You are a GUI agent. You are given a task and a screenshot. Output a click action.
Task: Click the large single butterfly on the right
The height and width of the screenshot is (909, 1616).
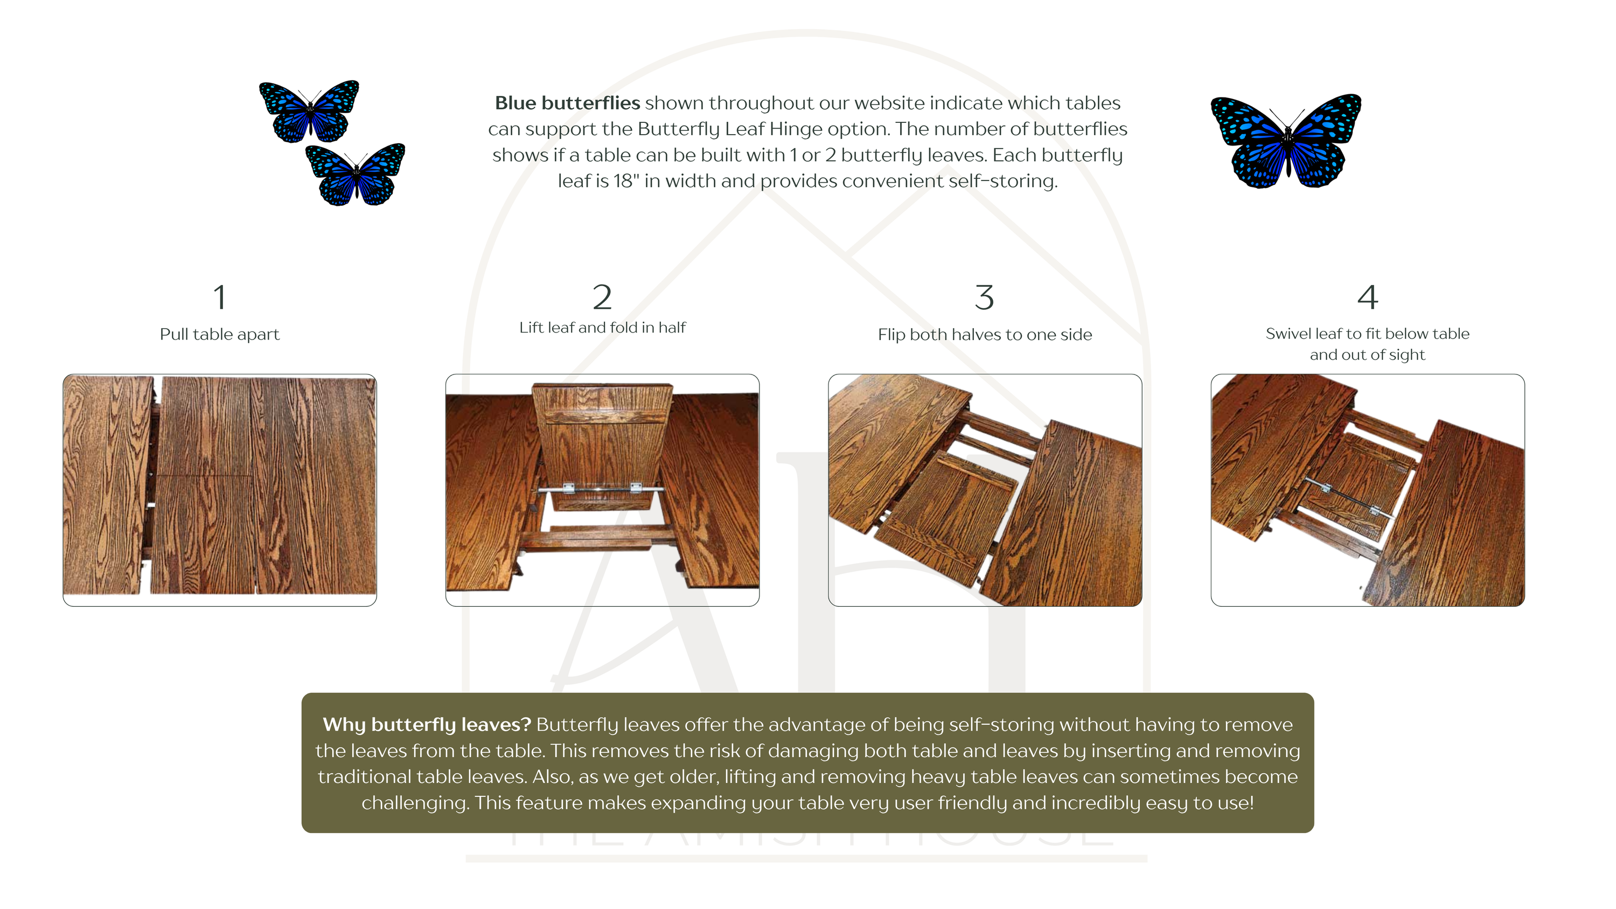(1286, 142)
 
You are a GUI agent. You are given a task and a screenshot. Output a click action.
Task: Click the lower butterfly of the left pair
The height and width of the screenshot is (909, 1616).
(356, 175)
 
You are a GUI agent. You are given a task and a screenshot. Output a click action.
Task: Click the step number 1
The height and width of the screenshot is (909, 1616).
(220, 297)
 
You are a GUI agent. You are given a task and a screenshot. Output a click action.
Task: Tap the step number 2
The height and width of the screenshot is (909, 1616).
(602, 297)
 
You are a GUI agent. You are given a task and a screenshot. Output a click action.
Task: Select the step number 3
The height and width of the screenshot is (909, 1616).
(985, 297)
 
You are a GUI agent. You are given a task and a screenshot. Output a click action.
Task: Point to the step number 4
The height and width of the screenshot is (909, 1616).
(1368, 297)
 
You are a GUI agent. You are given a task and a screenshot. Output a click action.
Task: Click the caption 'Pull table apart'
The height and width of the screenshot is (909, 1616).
(220, 335)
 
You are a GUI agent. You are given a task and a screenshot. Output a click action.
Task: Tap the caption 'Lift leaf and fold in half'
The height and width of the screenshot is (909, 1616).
(602, 328)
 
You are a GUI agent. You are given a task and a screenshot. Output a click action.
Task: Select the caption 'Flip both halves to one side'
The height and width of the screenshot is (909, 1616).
(985, 335)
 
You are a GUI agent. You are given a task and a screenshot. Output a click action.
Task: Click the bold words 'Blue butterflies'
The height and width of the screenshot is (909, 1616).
(567, 103)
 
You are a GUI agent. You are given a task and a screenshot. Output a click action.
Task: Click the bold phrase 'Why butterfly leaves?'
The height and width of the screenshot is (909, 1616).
(427, 725)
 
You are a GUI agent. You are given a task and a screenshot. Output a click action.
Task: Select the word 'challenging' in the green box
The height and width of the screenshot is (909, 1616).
(415, 803)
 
